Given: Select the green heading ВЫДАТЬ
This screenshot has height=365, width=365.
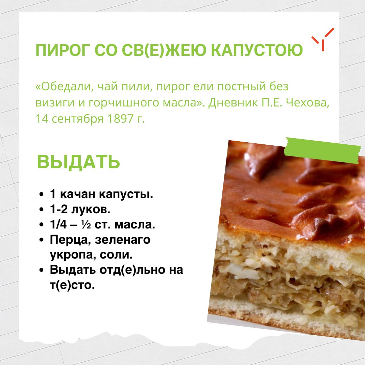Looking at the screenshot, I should [x=78, y=162].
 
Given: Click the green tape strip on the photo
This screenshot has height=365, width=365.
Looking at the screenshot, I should [x=323, y=148].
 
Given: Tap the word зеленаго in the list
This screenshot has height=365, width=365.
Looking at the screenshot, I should [x=123, y=240].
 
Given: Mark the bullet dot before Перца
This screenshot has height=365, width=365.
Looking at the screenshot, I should [x=42, y=240].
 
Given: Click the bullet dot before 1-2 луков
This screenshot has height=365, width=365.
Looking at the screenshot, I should [x=42, y=210].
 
